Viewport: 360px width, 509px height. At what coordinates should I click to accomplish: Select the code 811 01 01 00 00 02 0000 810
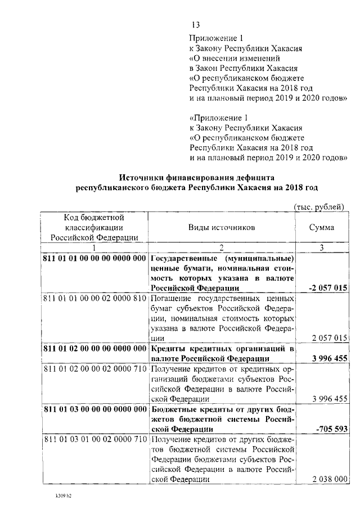point(94,298)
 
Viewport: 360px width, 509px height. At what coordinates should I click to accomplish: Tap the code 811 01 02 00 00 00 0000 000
point(94,349)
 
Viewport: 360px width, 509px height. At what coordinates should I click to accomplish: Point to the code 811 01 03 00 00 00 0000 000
point(94,409)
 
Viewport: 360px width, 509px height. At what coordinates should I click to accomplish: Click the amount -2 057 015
point(327,287)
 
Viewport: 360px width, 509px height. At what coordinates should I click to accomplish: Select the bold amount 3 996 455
point(327,358)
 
